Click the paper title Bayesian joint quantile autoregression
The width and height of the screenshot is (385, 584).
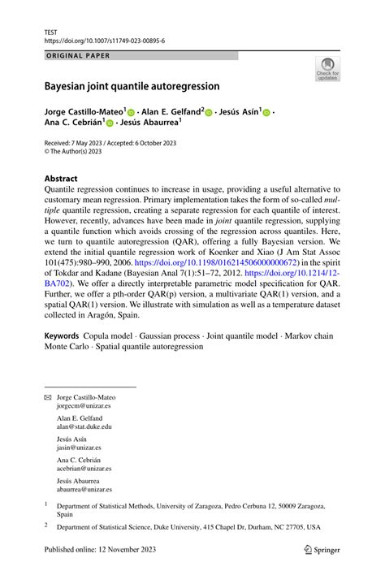click(x=137, y=85)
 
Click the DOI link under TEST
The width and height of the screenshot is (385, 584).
click(x=105, y=40)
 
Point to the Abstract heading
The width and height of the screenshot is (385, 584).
click(x=61, y=178)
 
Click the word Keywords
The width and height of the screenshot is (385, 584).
click(x=62, y=335)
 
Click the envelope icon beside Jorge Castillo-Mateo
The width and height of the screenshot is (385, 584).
click(x=48, y=396)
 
